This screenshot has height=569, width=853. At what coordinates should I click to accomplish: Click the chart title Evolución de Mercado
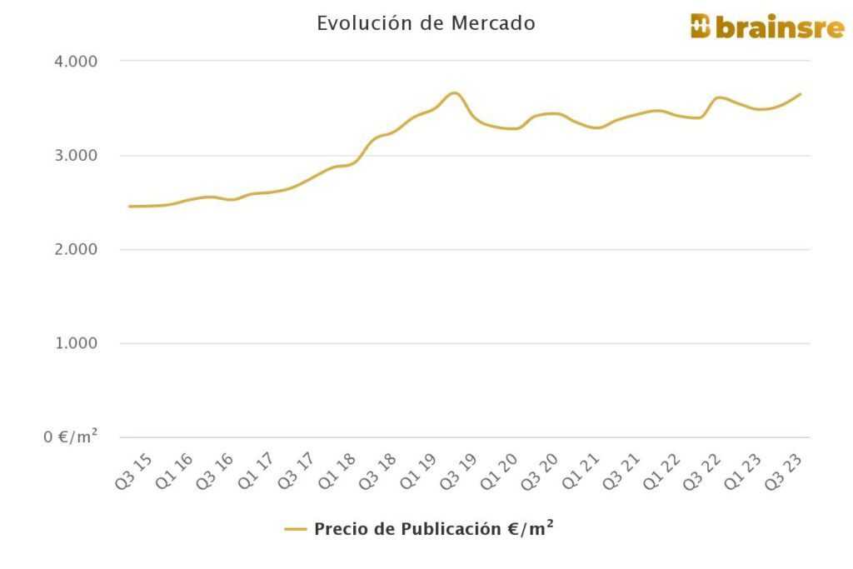[426, 23]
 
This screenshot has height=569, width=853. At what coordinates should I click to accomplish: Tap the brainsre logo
[767, 27]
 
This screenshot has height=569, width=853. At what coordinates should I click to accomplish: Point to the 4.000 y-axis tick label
[75, 62]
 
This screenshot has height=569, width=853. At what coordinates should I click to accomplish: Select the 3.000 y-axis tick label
[75, 156]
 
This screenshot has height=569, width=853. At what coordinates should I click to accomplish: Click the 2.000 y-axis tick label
[75, 250]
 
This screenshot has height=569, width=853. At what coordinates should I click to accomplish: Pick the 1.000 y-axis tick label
[75, 343]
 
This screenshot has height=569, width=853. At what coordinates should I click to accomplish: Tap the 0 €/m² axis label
[71, 437]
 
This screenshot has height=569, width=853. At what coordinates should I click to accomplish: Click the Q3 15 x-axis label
[133, 472]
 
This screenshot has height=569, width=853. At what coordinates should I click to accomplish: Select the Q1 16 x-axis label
[175, 472]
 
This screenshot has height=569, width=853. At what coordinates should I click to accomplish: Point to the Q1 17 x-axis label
[257, 472]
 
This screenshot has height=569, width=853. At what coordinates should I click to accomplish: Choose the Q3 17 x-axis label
[297, 472]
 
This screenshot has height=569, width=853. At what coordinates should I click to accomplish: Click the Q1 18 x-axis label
[338, 472]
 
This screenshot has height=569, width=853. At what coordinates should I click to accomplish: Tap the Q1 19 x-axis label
[420, 472]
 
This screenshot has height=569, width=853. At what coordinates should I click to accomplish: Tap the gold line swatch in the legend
[296, 529]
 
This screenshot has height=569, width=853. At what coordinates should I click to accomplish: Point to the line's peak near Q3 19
[454, 92]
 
